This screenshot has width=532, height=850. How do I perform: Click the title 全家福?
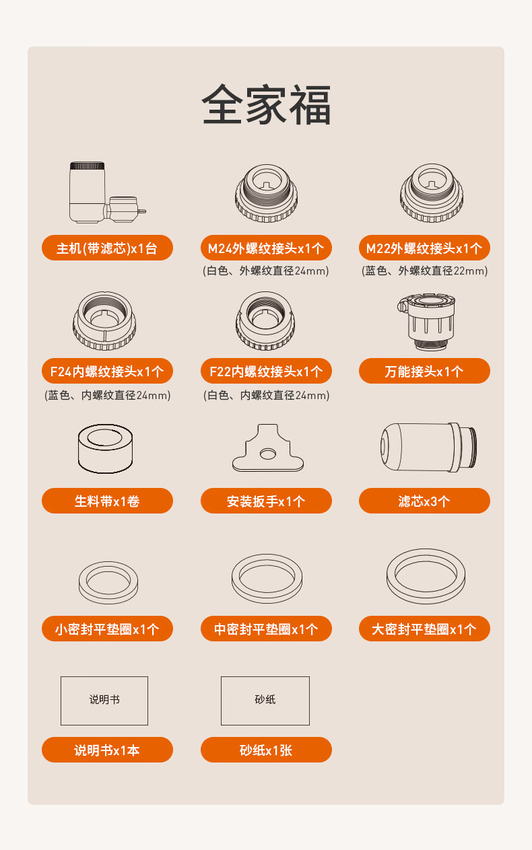tap(266, 105)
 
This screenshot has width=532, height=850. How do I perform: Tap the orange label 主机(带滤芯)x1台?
tap(107, 248)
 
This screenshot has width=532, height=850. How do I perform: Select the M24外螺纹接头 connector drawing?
tap(266, 193)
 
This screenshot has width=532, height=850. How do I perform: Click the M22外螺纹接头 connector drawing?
tap(432, 192)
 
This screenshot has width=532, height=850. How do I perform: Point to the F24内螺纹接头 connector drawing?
tap(104, 320)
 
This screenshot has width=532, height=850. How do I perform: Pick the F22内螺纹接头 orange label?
tap(266, 371)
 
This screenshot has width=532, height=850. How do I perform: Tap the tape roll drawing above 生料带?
tap(105, 448)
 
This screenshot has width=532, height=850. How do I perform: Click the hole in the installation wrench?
tap(268, 454)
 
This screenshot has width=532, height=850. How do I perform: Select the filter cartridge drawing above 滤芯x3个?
tap(429, 447)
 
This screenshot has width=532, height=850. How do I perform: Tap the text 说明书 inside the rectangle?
tap(104, 699)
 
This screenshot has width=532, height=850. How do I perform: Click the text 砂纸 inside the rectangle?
tap(265, 699)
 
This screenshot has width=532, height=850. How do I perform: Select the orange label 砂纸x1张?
tap(266, 750)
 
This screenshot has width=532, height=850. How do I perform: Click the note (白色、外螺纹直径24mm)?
tap(265, 271)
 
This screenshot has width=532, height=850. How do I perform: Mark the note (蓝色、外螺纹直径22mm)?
tap(424, 271)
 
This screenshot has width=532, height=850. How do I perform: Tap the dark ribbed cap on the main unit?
tap(87, 166)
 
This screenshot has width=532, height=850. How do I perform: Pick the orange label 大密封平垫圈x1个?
tap(424, 629)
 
